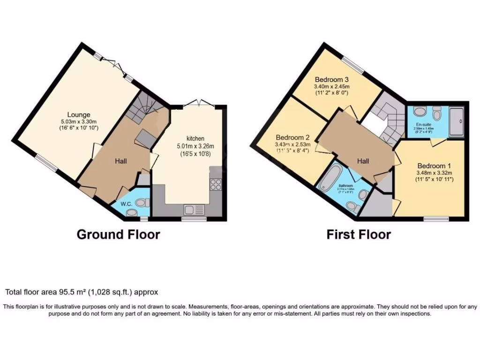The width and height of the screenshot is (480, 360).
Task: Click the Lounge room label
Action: tap(78, 115)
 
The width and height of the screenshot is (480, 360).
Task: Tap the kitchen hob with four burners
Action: tap(216, 185)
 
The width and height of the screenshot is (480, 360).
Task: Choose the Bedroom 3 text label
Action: tap(332, 79)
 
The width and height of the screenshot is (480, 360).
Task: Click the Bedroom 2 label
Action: tap(292, 137)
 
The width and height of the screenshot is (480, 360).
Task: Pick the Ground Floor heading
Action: tap(118, 234)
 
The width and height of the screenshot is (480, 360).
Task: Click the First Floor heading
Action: tap(359, 234)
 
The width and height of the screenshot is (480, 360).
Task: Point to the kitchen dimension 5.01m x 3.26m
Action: tap(195, 146)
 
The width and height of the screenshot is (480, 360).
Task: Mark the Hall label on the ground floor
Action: tap(121, 161)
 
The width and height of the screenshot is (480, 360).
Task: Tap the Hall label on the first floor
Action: tap(363, 161)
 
